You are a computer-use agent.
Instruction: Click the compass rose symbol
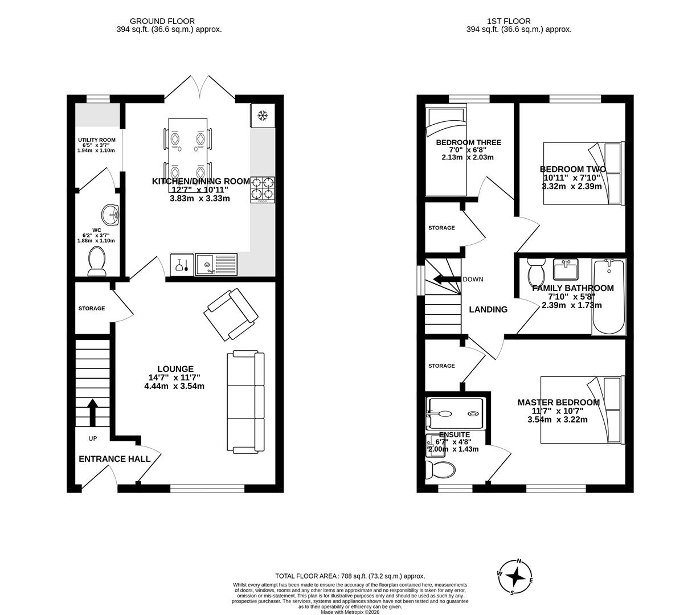(515, 576)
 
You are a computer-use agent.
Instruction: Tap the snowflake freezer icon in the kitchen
(263, 116)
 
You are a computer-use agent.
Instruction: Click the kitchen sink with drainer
(216, 264)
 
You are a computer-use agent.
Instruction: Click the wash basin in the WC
(110, 215)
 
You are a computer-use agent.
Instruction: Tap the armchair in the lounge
(231, 313)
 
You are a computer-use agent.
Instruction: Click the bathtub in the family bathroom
(609, 297)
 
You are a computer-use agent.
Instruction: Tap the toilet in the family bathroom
(536, 272)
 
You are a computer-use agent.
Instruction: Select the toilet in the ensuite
(440, 470)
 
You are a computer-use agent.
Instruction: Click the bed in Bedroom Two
(583, 173)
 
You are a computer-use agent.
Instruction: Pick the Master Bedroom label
(558, 403)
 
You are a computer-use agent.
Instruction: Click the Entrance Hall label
(114, 459)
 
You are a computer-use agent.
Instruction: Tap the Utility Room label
(97, 140)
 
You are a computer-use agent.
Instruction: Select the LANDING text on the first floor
(488, 310)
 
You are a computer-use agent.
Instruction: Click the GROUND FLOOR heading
(162, 21)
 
